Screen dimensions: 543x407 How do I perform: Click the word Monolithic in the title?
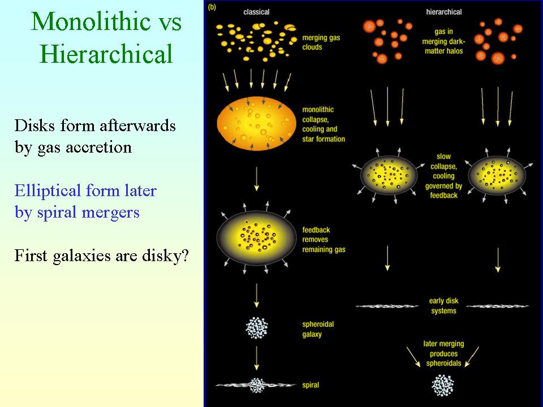pyautogui.click(x=90, y=21)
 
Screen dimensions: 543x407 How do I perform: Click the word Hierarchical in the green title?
pyautogui.click(x=106, y=54)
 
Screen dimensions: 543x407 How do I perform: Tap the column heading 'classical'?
pyautogui.click(x=256, y=12)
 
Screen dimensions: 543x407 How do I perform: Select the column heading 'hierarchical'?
pyautogui.click(x=443, y=12)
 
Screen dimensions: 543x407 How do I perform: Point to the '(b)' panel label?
pyautogui.click(x=212, y=7)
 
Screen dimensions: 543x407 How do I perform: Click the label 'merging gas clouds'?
pyautogui.click(x=321, y=42)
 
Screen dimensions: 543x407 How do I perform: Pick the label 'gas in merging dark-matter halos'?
pyautogui.click(x=443, y=41)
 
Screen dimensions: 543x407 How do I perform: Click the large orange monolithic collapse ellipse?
pyautogui.click(x=257, y=124)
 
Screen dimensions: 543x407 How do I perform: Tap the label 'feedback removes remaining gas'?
pyautogui.click(x=324, y=240)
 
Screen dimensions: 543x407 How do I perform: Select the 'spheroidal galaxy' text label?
pyautogui.click(x=318, y=329)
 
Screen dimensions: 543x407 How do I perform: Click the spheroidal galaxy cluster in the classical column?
pyautogui.click(x=257, y=327)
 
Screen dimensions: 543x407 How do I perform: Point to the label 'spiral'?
pyautogui.click(x=311, y=385)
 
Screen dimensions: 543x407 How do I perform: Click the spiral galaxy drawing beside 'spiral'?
pyautogui.click(x=256, y=385)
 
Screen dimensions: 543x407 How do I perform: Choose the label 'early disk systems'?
pyautogui.click(x=443, y=306)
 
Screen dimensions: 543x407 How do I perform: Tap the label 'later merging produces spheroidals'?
pyautogui.click(x=443, y=353)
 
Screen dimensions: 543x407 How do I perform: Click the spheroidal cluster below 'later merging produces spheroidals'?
pyautogui.click(x=442, y=385)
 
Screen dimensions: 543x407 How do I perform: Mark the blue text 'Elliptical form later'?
pyautogui.click(x=85, y=190)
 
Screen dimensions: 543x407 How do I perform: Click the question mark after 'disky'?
pyautogui.click(x=184, y=256)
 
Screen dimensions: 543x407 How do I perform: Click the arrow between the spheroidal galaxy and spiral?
pyautogui.click(x=257, y=358)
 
